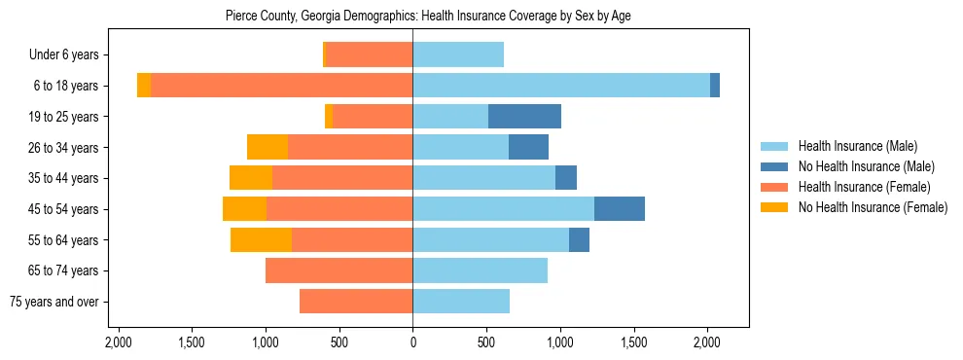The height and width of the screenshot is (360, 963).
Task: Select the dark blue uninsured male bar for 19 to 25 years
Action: (524, 117)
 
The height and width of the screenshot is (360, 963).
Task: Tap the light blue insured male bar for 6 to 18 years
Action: (560, 86)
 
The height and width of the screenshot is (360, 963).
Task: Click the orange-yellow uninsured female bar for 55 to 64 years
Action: (261, 240)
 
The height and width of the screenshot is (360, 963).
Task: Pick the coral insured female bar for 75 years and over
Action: (356, 302)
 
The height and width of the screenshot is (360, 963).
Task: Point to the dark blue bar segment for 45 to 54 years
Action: (620, 209)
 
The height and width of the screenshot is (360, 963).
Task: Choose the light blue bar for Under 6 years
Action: (458, 55)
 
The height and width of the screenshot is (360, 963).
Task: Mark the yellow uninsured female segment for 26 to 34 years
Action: (267, 148)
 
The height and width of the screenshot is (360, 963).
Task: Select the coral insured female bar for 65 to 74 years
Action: (339, 270)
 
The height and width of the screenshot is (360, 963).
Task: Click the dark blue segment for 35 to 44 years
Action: (566, 178)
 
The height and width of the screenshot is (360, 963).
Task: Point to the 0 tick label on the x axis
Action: (412, 342)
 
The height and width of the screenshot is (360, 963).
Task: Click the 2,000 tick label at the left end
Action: (119, 342)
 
